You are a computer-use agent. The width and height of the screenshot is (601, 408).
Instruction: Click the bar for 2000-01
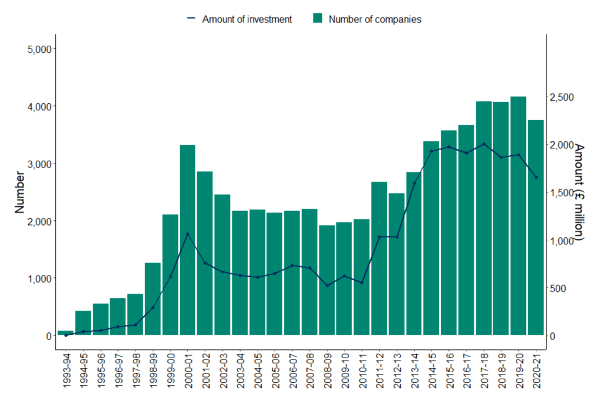[188, 240]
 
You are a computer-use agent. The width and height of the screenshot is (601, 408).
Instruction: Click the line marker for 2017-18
[484, 144]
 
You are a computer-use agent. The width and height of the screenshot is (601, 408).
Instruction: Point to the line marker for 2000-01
[188, 234]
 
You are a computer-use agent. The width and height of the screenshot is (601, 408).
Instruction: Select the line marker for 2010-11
[362, 283]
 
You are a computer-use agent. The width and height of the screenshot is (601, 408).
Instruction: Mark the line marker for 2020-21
[536, 177]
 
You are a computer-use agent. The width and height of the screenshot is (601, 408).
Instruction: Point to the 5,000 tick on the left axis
[40, 49]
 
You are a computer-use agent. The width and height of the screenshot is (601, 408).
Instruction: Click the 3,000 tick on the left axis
[40, 164]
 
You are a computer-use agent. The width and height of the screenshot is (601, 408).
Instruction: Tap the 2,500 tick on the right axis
[562, 97]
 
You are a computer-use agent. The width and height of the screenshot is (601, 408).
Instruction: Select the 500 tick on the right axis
[559, 288]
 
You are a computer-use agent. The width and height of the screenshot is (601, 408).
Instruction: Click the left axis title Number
[19, 192]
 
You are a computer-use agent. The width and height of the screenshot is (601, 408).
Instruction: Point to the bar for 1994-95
[83, 323]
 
